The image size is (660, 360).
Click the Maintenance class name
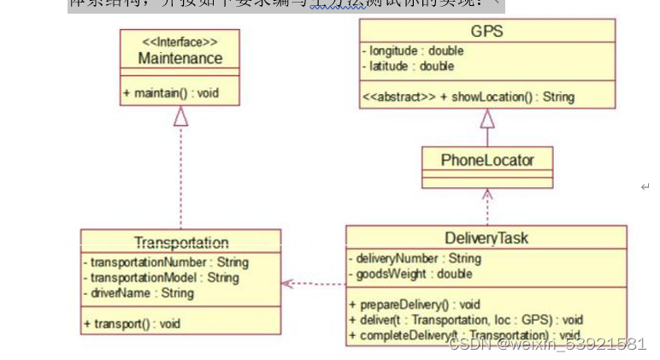click(180, 59)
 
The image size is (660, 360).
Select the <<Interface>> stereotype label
click(179, 42)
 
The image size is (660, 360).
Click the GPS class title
click(486, 32)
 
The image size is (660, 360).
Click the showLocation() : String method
click(468, 97)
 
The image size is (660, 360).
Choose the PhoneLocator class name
click(486, 160)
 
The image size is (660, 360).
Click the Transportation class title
click(181, 243)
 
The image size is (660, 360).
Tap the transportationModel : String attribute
click(162, 278)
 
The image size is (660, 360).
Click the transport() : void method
click(132, 324)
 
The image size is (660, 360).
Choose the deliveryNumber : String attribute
click(415, 258)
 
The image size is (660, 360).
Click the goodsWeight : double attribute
click(410, 274)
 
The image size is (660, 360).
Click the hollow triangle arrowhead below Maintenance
click(181, 118)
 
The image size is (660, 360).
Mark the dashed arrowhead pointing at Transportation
click(288, 282)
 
